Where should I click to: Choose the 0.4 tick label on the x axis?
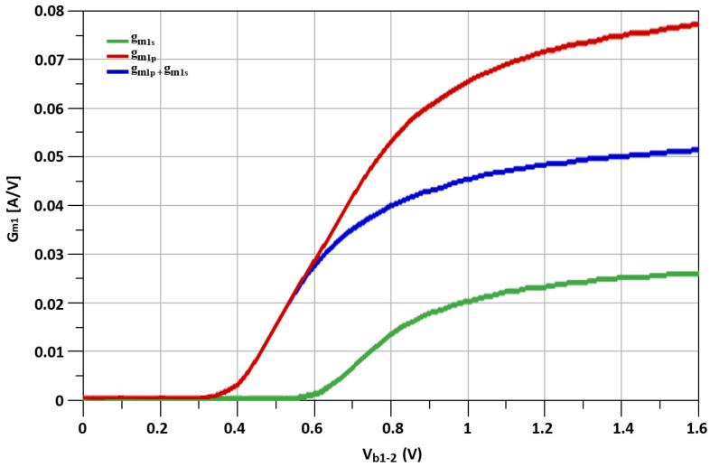click(x=237, y=420)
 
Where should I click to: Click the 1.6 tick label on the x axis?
click(x=697, y=420)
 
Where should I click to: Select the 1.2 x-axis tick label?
click(x=544, y=420)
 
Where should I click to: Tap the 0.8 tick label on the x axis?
click(x=390, y=420)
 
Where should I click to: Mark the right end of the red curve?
click(x=697, y=24)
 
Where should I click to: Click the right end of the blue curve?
click(x=697, y=150)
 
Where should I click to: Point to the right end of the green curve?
click(x=697, y=274)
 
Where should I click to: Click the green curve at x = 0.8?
click(x=390, y=333)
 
